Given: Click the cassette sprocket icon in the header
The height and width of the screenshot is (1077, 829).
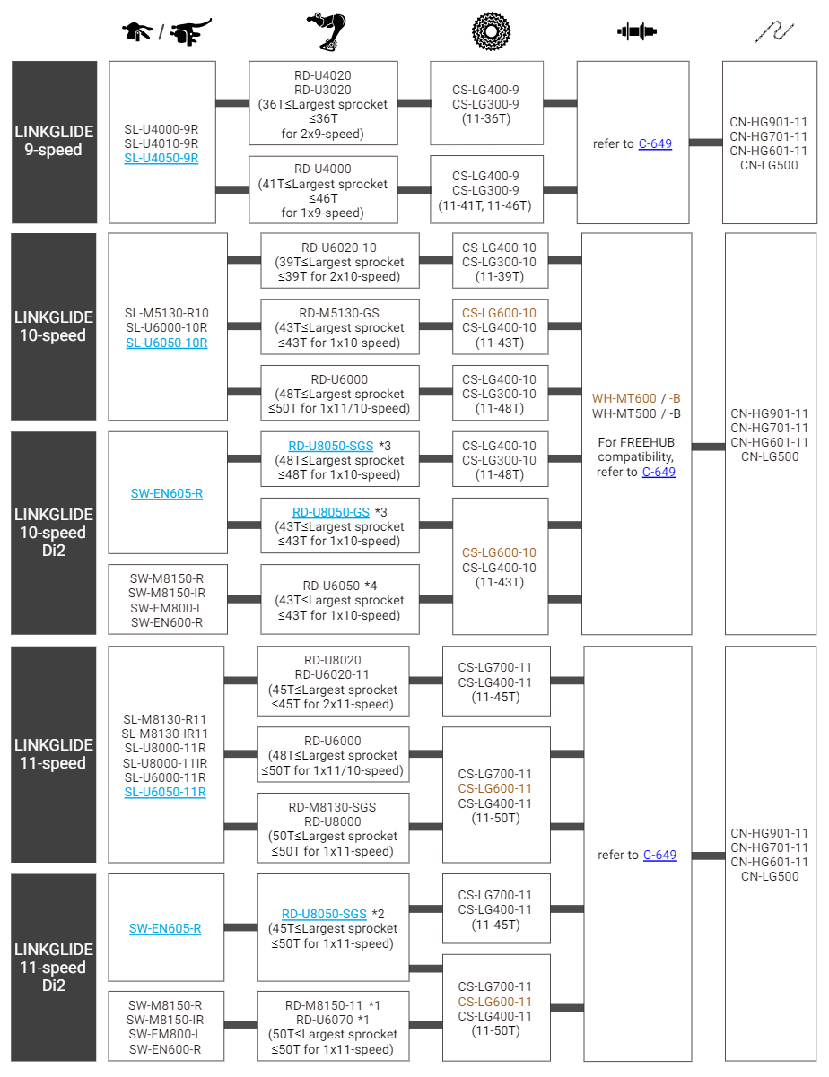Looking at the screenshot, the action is coord(491,31).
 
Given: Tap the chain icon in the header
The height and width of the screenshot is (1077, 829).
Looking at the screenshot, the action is coord(774,31).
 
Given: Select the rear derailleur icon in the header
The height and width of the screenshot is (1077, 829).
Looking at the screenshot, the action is coord(327,31).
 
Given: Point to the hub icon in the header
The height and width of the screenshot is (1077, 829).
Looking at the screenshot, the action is coord(637,31).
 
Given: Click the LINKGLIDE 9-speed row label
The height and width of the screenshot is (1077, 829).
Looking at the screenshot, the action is coord(54,141).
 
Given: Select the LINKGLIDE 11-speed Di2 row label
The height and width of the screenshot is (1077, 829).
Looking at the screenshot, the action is coord(54,967).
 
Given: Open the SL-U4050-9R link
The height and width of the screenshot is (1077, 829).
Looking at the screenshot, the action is coord(161,158).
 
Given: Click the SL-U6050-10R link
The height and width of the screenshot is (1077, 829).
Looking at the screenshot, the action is coord(167,343).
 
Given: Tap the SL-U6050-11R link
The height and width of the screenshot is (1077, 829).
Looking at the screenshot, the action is coord(165,792).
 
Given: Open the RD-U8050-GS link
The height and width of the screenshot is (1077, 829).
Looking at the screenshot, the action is coord(331,512).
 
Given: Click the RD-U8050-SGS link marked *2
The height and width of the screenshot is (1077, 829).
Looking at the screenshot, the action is coord(324,914).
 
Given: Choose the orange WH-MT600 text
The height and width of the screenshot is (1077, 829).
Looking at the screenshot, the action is coord(624,398).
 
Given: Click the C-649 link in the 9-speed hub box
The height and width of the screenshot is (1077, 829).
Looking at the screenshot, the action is coord(655,143).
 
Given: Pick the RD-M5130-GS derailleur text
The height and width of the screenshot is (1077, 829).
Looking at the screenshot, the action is coord(339,313).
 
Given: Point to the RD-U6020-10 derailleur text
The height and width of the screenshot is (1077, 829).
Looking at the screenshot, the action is coord(339,248).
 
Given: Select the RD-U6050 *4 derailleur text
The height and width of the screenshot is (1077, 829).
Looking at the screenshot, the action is coord(340,586).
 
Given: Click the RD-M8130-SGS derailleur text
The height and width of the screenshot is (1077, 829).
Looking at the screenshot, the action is coord(332,807).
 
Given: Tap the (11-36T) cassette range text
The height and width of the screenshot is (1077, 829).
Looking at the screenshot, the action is coord(486,118).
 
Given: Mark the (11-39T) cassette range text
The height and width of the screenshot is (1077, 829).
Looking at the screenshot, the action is coord(499,276).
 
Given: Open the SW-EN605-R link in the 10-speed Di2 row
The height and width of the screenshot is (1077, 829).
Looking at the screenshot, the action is coord(167,493).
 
